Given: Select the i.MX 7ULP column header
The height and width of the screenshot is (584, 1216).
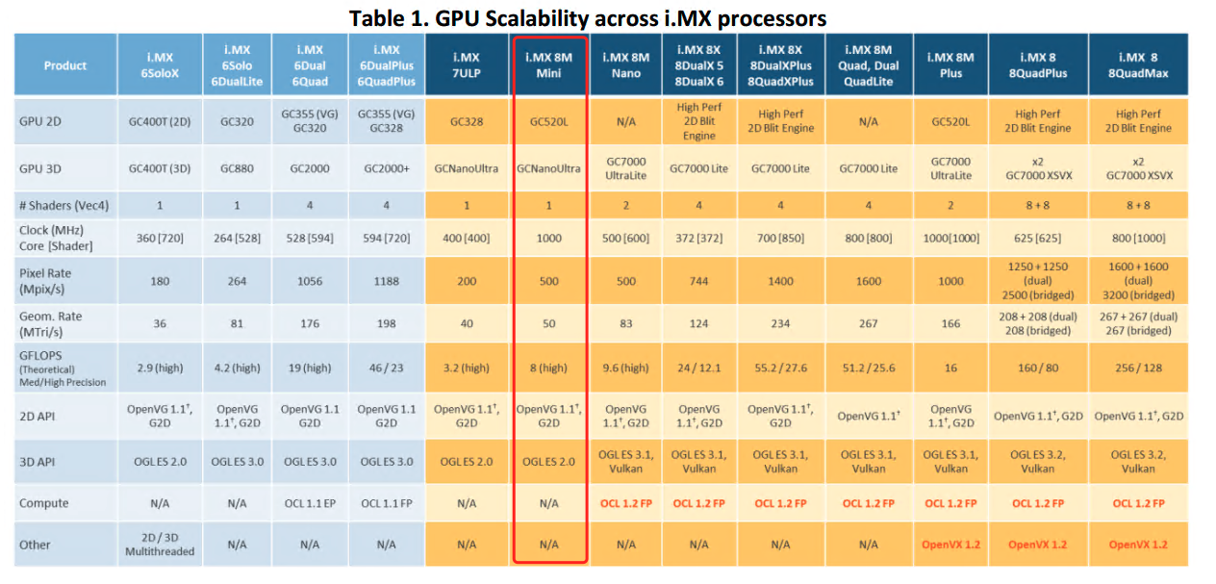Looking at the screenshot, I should [466, 65].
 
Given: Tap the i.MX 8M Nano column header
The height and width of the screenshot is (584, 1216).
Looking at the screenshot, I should [626, 65].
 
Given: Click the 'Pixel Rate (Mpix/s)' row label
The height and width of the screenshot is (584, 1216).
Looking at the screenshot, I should [45, 281].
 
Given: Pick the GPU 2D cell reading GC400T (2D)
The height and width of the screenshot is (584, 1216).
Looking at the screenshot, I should [160, 122].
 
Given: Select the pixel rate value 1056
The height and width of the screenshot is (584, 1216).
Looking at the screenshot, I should [309, 281].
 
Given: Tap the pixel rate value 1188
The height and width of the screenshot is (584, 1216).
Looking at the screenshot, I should [386, 281].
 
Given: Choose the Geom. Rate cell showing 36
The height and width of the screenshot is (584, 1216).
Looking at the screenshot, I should [160, 324].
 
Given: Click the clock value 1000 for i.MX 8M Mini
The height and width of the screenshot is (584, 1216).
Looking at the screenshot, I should [548, 238].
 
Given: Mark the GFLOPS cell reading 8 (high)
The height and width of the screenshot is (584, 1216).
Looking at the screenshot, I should [548, 368].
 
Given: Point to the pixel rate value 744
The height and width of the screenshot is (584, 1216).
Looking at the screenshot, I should [699, 281].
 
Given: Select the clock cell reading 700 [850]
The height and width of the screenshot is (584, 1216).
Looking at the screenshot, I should [780, 238].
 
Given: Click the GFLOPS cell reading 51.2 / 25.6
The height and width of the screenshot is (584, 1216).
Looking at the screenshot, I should [868, 368].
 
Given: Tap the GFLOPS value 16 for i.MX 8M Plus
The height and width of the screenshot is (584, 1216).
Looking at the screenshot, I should [950, 368].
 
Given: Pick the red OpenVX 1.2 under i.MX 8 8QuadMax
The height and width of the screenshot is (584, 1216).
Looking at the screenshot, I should [1138, 545].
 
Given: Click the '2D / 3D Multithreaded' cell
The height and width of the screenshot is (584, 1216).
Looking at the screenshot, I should [160, 545].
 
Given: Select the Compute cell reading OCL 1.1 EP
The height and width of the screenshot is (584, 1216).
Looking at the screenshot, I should [309, 503].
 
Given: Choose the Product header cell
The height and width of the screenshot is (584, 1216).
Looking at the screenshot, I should [65, 65].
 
